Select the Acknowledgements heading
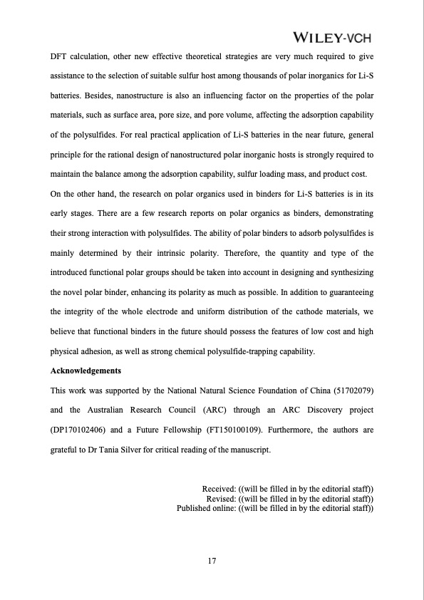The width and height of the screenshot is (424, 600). [x=86, y=371]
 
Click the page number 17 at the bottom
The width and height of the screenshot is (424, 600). [x=212, y=562]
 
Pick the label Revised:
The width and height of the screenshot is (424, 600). [x=221, y=498]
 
